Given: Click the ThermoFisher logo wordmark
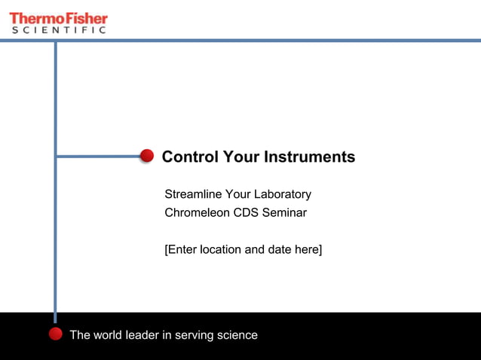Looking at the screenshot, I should point(58,17).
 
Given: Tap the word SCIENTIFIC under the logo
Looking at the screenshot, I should point(58,30).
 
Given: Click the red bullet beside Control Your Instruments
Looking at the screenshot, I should point(147,156).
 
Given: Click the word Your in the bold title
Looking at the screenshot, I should point(240,157).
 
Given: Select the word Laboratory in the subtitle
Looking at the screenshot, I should point(283,194).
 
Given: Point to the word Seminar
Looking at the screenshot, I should point(284,212).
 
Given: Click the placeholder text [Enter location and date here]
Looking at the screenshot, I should point(243,249).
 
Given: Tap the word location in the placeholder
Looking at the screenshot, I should point(221,249).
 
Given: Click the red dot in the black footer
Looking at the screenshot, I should point(55,334).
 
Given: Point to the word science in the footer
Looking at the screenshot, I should point(237,335).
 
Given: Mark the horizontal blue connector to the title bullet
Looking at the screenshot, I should point(98,157).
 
